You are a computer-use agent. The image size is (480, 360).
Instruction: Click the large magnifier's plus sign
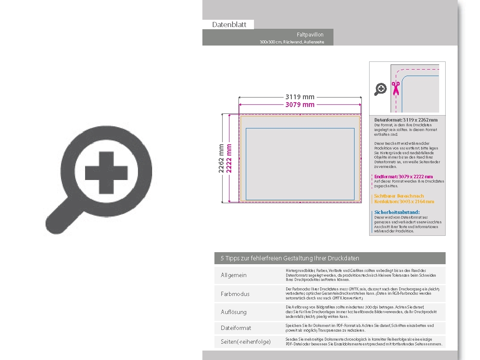click(x=106, y=173)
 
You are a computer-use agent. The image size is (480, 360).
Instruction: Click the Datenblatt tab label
click(x=229, y=24)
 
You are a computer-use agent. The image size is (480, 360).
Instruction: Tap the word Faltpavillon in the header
click(x=310, y=34)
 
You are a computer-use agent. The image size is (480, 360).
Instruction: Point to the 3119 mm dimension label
click(x=300, y=97)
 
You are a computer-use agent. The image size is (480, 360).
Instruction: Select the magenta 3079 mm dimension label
click(x=300, y=105)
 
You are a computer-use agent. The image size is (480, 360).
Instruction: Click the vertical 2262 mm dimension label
click(x=222, y=158)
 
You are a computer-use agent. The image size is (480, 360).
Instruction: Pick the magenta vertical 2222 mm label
click(x=229, y=158)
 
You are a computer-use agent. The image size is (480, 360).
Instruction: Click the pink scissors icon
click(x=395, y=88)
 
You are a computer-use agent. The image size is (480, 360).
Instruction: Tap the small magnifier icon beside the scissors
click(x=381, y=89)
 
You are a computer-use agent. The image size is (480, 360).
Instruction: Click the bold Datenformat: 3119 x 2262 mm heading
click(x=406, y=120)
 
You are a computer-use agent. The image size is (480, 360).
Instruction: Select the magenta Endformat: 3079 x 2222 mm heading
click(x=403, y=177)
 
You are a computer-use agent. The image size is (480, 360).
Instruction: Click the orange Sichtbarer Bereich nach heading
click(x=399, y=196)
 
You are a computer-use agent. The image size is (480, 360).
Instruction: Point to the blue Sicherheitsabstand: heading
click(x=397, y=212)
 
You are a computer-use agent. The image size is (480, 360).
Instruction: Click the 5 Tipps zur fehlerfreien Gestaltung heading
click(x=290, y=258)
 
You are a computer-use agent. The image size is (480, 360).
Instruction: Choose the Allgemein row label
click(x=234, y=275)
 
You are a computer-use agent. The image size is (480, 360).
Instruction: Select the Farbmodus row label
click(x=235, y=294)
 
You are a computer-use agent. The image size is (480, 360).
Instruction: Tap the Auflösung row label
click(x=234, y=312)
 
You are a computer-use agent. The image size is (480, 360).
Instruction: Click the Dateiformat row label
click(x=236, y=328)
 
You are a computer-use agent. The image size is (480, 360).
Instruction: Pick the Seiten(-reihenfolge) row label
click(x=246, y=342)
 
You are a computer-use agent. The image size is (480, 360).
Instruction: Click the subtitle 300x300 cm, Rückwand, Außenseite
click(x=291, y=42)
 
